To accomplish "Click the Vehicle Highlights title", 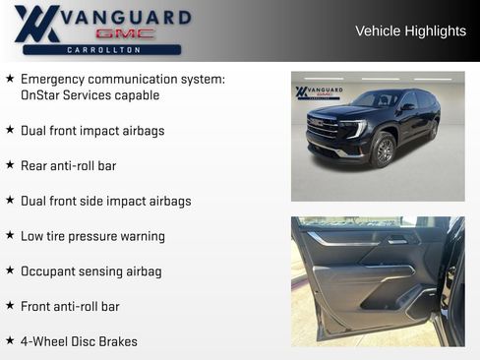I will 410,31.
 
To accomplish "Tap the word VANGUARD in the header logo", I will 125,18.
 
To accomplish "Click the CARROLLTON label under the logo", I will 102,49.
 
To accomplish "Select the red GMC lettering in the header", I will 125,33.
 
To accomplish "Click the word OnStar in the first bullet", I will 42,95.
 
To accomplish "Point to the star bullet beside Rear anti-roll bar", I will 10,165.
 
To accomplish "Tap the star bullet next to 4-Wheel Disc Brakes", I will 10,340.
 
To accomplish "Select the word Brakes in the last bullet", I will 117,341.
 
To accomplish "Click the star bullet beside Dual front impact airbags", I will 10,130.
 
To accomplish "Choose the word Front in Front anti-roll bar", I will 38,306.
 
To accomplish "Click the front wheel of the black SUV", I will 384,150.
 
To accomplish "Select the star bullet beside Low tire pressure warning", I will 10,236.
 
